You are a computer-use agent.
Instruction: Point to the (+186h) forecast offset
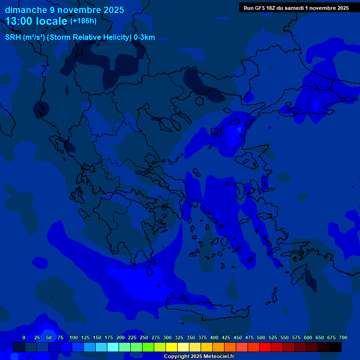pyautogui.click(x=83, y=21)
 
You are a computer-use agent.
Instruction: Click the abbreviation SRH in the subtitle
pyautogui.click(x=13, y=37)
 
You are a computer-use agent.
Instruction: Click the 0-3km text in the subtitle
pyautogui.click(x=144, y=37)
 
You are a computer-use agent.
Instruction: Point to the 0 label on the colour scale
pyautogui.click(x=24, y=337)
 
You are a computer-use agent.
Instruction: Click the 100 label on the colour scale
pyautogui.click(x=74, y=337)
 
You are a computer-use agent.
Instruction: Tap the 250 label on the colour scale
pyautogui.click(x=144, y=337)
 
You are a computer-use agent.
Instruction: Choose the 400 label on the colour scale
pyautogui.click(x=214, y=337)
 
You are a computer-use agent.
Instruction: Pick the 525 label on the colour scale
pyautogui.click(x=273, y=337)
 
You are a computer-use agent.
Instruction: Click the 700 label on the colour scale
pyautogui.click(x=343, y=337)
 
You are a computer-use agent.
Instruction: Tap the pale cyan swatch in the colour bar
pyautogui.click(x=112, y=347)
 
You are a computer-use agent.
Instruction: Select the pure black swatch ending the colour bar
pyautogui.click(x=335, y=347)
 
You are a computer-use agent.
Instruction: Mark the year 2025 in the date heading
pyautogui.click(x=113, y=10)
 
